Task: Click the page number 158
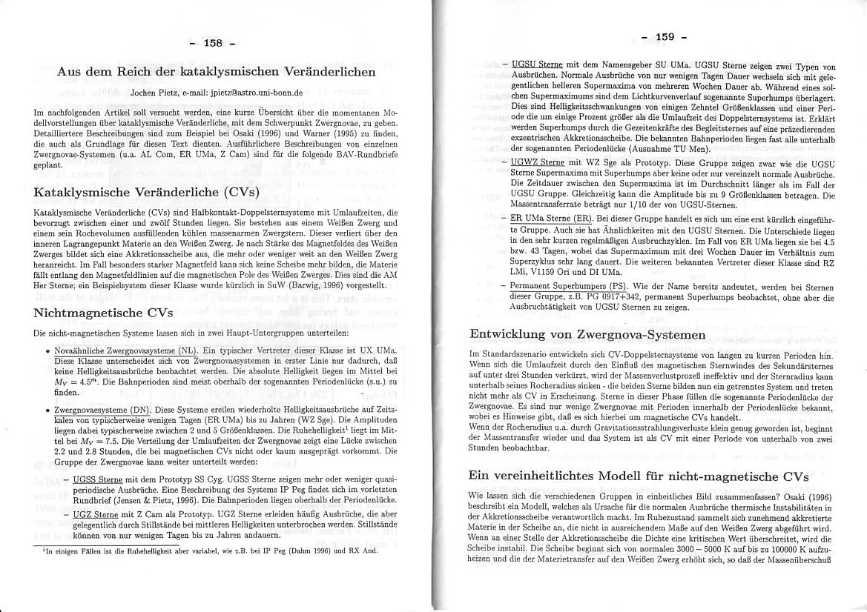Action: pos(213,43)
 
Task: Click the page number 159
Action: pos(664,37)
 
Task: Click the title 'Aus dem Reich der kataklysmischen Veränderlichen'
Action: pos(216,72)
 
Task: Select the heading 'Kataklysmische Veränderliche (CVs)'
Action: pos(147,192)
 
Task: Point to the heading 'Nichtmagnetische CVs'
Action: pos(103,312)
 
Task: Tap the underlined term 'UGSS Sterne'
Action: pos(98,480)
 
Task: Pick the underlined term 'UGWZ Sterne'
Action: pos(538,162)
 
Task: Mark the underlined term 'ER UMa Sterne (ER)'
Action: pos(552,219)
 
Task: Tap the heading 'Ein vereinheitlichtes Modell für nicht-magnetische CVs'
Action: pos(636,475)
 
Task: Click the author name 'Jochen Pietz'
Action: pos(153,93)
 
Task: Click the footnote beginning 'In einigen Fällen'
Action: pos(200,551)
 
